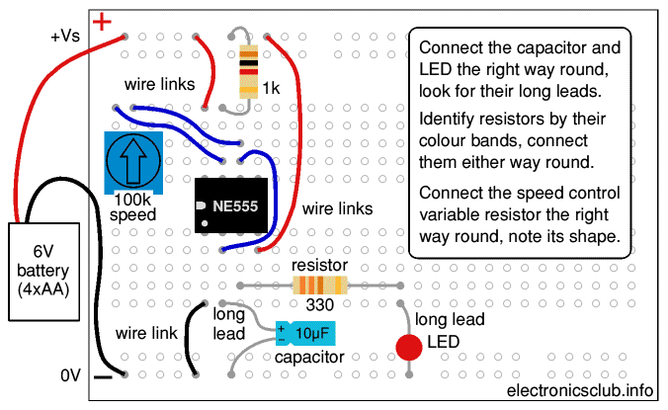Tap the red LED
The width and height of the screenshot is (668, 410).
(408, 347)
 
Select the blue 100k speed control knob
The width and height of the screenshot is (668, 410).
(127, 159)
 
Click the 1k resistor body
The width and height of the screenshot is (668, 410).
(249, 70)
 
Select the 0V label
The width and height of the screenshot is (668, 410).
(69, 375)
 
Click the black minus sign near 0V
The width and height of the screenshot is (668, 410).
(103, 376)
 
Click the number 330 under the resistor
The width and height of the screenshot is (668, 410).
(318, 306)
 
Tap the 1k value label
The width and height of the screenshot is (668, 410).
(272, 89)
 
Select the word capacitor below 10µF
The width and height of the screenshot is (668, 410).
(308, 357)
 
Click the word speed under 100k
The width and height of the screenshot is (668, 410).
(131, 214)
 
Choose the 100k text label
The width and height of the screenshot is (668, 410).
(130, 200)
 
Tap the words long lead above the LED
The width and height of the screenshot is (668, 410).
(449, 320)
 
